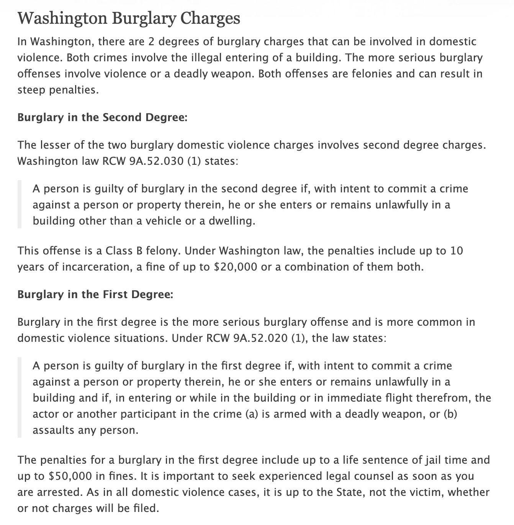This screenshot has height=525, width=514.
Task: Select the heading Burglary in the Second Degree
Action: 102,117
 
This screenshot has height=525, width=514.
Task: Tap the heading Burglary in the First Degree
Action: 95,294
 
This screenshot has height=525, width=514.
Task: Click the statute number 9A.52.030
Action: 157,161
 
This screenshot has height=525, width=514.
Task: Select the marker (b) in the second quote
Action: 450,414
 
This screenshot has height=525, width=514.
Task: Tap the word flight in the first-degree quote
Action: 369,398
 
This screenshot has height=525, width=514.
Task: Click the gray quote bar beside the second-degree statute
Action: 20,205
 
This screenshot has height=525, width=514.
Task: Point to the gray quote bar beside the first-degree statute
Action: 20,398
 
